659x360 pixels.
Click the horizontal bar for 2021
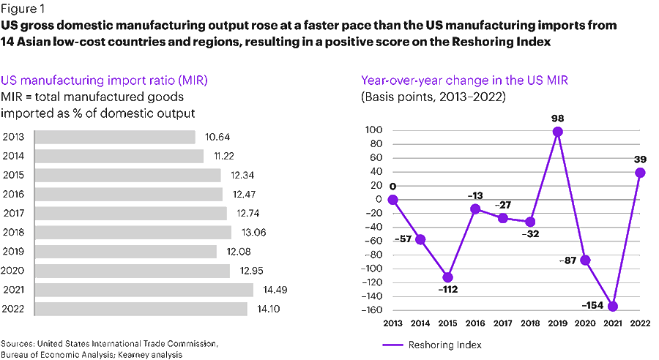click(x=144, y=290)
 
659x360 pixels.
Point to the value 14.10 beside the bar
click(x=266, y=309)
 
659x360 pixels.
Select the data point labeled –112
click(x=448, y=277)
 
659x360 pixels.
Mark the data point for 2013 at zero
click(x=392, y=199)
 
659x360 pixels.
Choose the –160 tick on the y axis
click(x=373, y=310)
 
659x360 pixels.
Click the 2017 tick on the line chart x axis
click(x=503, y=323)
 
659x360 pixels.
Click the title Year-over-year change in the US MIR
click(x=455, y=80)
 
